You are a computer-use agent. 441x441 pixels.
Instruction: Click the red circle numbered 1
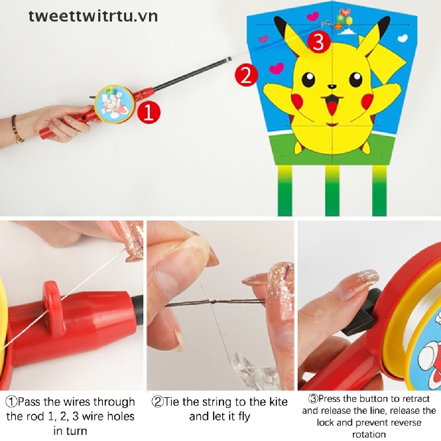click(149, 112)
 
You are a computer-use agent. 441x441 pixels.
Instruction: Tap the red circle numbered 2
click(246, 75)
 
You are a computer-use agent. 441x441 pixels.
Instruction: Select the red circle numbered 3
click(319, 42)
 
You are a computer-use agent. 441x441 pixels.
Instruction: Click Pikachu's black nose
click(333, 87)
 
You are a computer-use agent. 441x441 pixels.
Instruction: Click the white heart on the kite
click(403, 38)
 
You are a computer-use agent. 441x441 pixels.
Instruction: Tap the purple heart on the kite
click(263, 39)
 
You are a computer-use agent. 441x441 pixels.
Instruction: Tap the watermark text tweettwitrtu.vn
click(93, 16)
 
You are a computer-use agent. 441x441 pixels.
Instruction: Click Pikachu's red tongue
click(332, 107)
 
